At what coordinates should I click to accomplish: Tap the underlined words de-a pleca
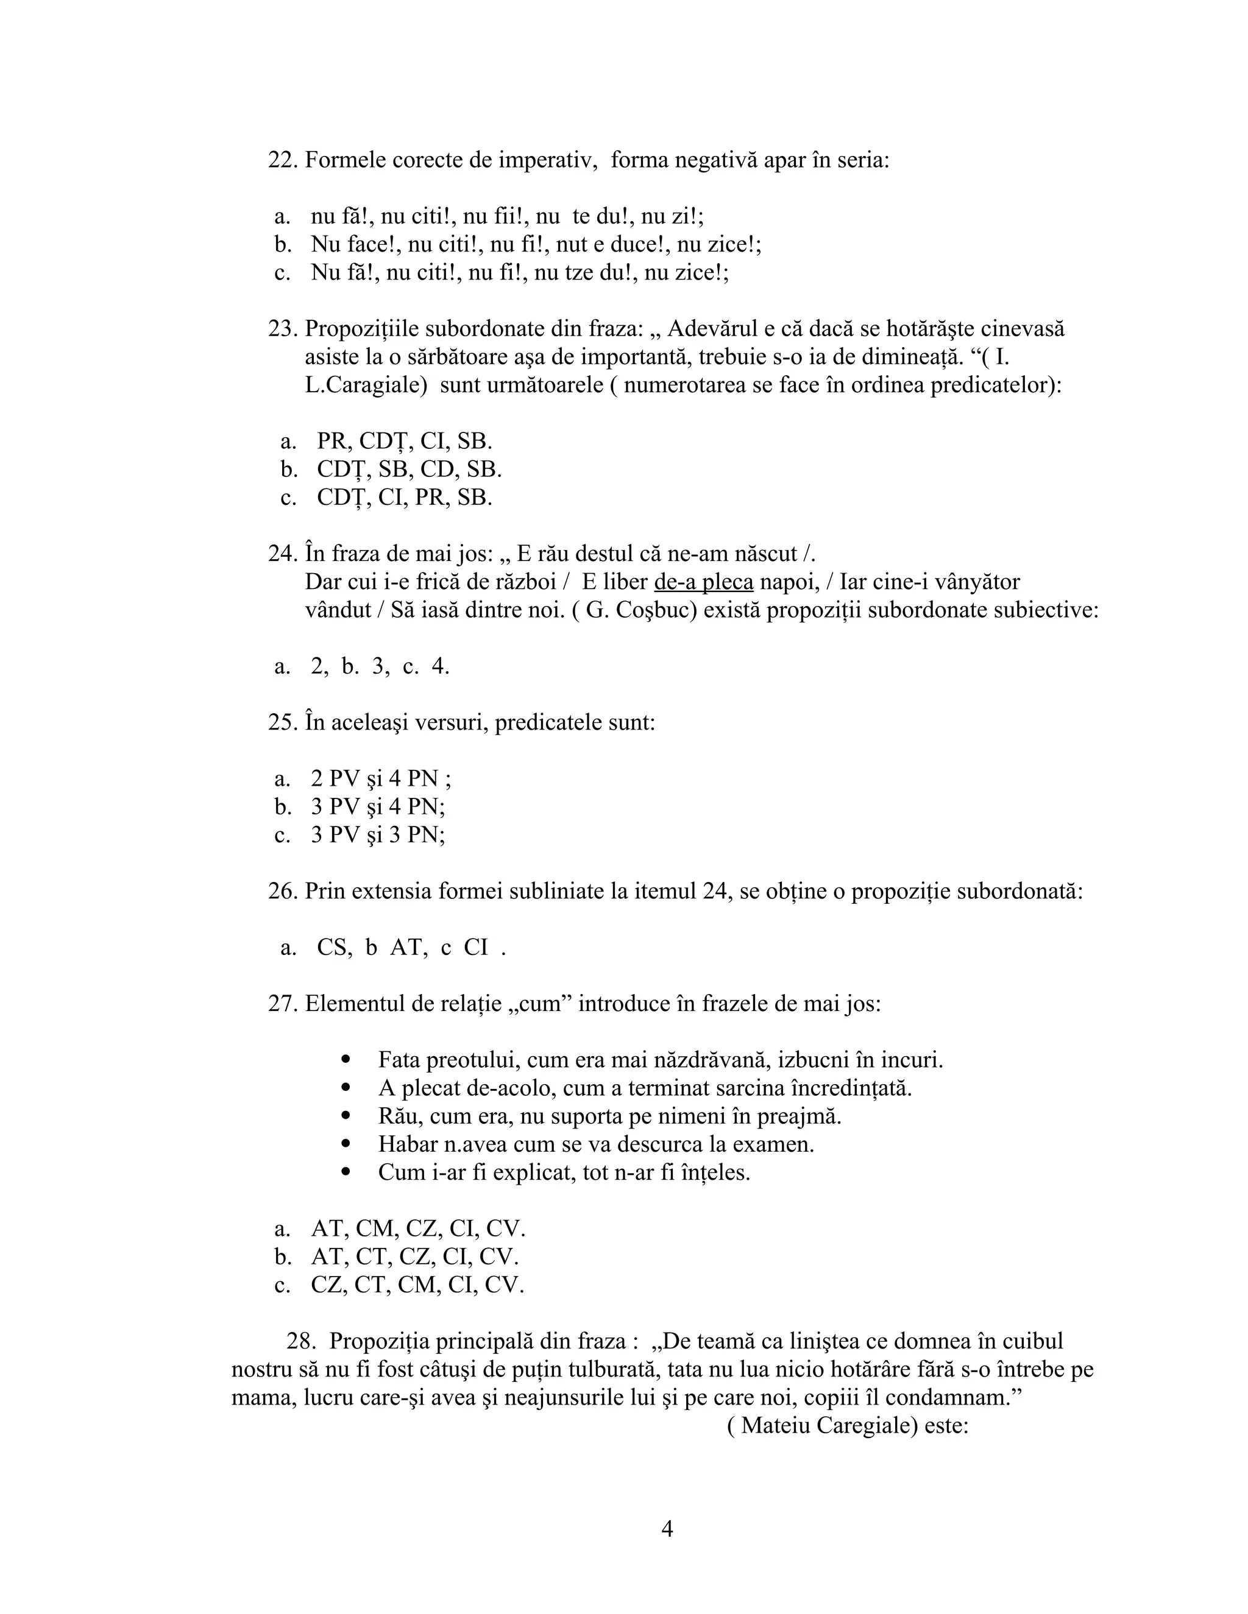703,582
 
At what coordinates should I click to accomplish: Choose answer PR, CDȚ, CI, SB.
405,441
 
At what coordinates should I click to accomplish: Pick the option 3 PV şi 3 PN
377,835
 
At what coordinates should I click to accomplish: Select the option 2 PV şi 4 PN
380,779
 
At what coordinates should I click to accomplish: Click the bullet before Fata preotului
346,1060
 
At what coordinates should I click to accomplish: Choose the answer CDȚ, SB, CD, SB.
409,469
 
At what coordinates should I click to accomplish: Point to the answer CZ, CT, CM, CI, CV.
417,1285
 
